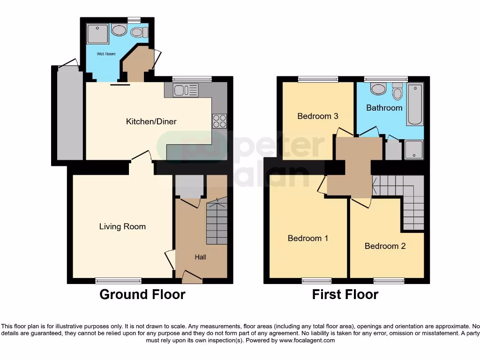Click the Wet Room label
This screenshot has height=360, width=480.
[106, 54]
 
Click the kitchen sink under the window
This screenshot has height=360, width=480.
[186, 90]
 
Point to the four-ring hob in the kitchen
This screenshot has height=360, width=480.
[219, 121]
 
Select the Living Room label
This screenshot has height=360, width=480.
[122, 227]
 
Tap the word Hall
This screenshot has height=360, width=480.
[200, 257]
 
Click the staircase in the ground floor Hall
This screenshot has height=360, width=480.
[217, 223]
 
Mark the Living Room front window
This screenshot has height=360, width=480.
[118, 281]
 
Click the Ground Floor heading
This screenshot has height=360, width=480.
[142, 294]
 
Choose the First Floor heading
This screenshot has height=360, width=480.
[345, 294]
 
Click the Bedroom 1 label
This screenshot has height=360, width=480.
[307, 238]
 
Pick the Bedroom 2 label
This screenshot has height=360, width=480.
[385, 246]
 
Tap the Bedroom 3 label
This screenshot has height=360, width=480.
[317, 116]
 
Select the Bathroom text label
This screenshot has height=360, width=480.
[384, 108]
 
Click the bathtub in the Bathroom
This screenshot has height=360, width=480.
[415, 105]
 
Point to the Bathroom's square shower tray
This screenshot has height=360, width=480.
[413, 150]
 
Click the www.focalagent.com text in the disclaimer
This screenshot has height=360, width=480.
[307, 340]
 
